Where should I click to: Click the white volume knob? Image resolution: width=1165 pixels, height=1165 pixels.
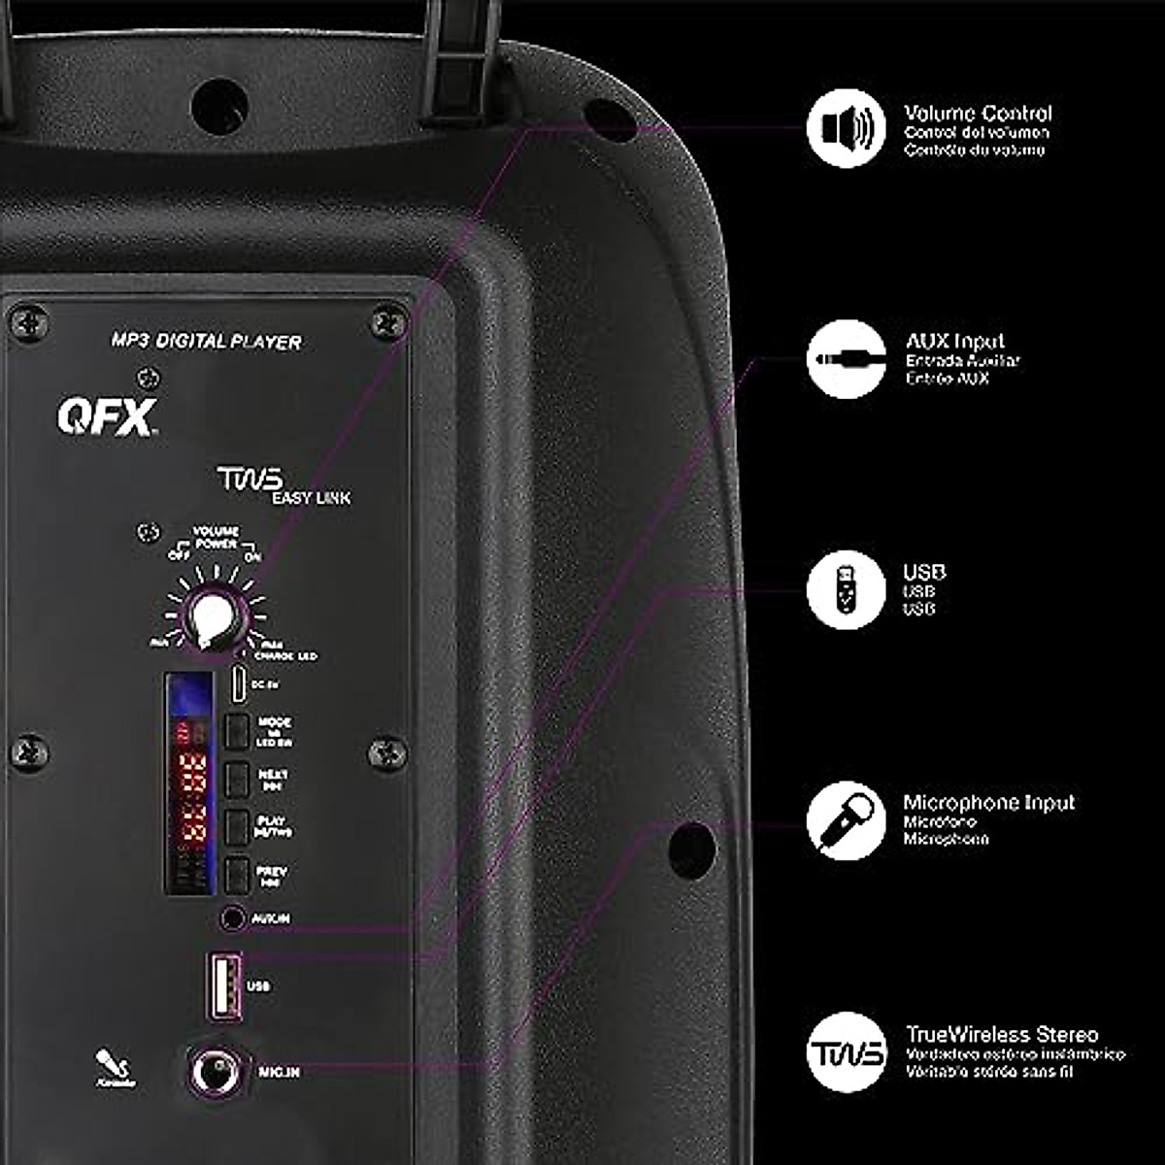click(207, 617)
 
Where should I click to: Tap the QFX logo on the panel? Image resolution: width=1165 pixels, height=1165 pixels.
click(107, 416)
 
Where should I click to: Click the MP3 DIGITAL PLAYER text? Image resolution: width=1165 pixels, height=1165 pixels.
click(206, 341)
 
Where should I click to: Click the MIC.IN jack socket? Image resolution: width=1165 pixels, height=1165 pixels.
click(215, 1071)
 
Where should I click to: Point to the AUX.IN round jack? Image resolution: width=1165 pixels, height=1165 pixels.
click(232, 917)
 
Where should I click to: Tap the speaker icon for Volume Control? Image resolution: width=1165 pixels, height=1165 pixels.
click(847, 128)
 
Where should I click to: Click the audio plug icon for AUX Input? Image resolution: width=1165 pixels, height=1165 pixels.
click(847, 359)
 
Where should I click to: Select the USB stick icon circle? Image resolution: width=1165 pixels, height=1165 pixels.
click(847, 589)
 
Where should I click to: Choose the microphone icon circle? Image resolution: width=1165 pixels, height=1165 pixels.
click(847, 821)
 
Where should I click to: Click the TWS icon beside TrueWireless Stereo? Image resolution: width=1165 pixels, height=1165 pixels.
click(847, 1052)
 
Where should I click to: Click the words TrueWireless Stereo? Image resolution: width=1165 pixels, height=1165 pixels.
click(1001, 1034)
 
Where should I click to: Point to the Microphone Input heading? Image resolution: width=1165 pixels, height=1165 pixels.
click(988, 803)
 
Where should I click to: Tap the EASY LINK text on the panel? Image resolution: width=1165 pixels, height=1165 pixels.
click(311, 498)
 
